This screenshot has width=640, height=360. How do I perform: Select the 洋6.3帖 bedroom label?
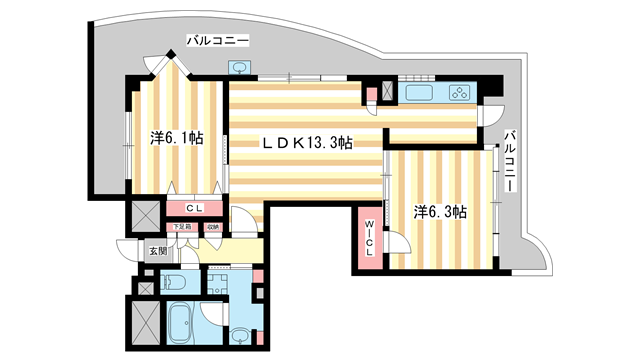442,211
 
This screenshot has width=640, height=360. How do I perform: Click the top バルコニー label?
216,41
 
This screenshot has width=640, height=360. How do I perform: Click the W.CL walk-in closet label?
369,237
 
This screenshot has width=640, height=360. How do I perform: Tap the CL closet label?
196,209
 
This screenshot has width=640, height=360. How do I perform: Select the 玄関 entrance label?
159,252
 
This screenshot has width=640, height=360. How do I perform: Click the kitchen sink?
417,95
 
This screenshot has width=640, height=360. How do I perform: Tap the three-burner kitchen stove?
460,95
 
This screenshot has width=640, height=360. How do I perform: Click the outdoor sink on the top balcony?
239,68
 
